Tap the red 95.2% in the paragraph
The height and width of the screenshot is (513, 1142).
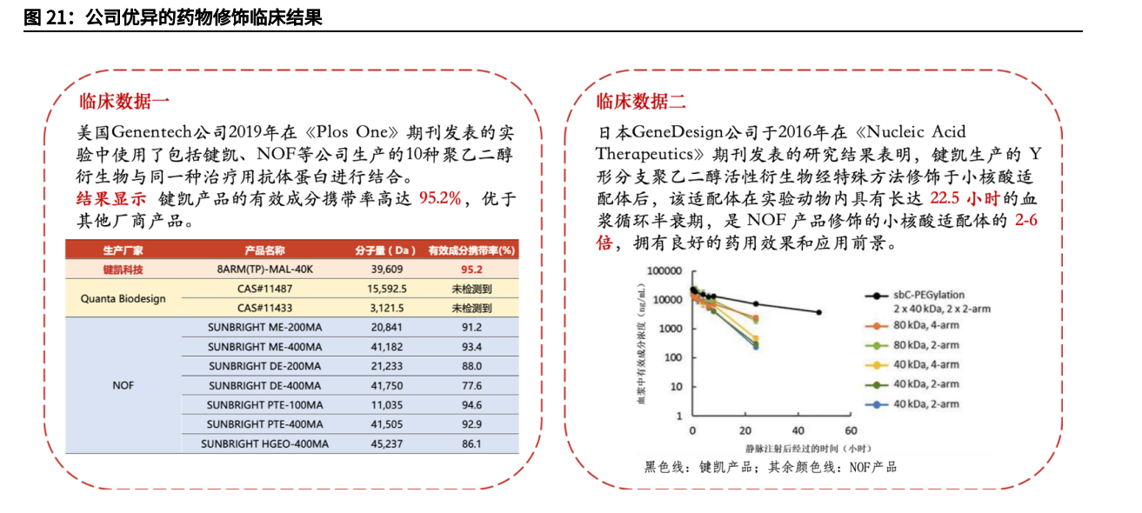click(440, 197)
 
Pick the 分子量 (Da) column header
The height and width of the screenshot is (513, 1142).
click(386, 250)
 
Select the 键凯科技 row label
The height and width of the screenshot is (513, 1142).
click(123, 269)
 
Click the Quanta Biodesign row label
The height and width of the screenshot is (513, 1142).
click(123, 298)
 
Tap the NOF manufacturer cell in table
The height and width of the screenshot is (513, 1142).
click(123, 385)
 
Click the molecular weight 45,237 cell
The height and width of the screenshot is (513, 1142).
click(386, 443)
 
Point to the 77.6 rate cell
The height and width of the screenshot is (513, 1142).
click(471, 385)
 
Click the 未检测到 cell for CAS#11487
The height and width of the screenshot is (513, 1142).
click(471, 288)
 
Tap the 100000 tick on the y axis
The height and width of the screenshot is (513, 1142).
click(664, 271)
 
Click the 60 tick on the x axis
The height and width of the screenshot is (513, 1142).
click(850, 431)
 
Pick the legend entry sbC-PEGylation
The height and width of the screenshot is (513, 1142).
click(928, 296)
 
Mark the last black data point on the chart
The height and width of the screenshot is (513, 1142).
click(818, 312)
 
